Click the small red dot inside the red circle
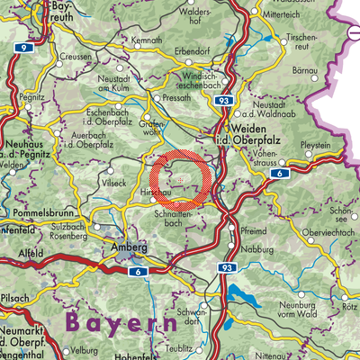pos(181,180)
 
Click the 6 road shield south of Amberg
pos(136,271)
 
